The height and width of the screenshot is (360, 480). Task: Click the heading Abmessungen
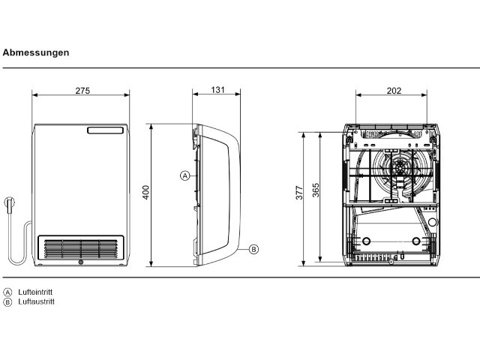[36, 52]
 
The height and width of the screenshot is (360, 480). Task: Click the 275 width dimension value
[82, 91]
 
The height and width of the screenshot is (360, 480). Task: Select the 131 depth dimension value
[217, 90]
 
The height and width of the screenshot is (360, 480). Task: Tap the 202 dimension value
[394, 91]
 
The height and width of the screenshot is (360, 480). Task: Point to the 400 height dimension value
[145, 192]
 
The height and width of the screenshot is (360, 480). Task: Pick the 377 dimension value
[299, 193]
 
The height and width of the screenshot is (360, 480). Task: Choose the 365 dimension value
[316, 190]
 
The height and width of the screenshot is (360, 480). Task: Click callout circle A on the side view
[185, 175]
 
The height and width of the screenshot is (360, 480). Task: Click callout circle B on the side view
[253, 249]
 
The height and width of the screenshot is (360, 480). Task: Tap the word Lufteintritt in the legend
[35, 292]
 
